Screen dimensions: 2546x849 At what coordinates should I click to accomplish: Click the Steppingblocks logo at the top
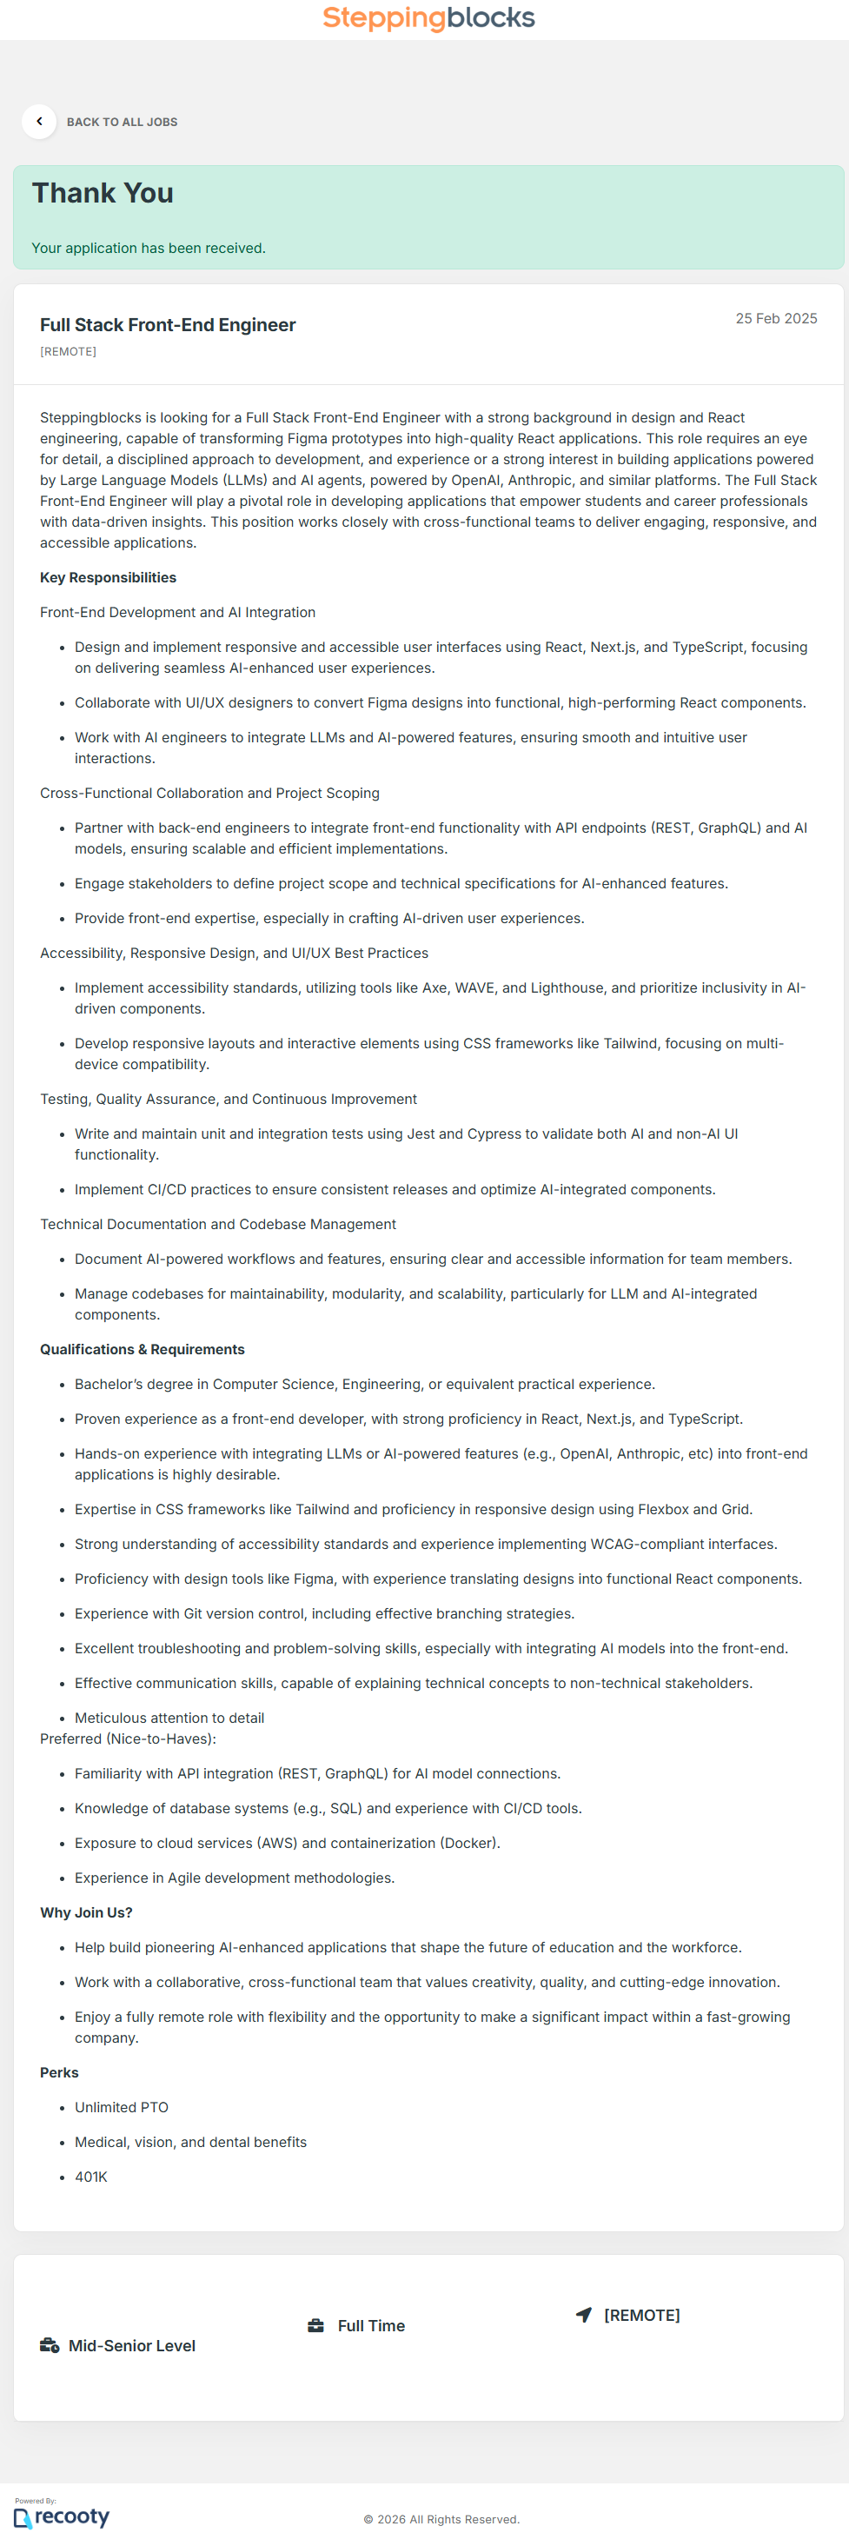click(x=428, y=17)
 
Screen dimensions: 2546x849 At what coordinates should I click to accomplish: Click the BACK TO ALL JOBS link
click(x=122, y=123)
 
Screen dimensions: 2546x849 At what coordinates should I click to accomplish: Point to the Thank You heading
click(x=103, y=194)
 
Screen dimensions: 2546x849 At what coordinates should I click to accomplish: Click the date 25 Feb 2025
click(x=775, y=319)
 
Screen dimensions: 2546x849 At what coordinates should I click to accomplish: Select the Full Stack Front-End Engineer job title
click(x=168, y=325)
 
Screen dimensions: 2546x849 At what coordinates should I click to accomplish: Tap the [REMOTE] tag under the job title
click(x=68, y=352)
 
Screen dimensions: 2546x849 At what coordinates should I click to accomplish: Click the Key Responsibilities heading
click(x=108, y=578)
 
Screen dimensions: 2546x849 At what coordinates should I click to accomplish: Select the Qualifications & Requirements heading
click(x=143, y=1350)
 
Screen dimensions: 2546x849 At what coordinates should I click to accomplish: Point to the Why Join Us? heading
click(x=86, y=1913)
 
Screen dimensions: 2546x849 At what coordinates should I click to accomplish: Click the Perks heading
click(x=59, y=2073)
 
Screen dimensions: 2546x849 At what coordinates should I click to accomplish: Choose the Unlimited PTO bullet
click(x=122, y=2108)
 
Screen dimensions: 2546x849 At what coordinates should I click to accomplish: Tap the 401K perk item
click(x=91, y=2177)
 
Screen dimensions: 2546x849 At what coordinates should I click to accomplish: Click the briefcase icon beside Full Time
click(x=316, y=2325)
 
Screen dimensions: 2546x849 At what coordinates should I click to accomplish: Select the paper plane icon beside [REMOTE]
click(x=584, y=2315)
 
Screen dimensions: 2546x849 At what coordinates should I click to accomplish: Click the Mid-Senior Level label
click(x=131, y=2346)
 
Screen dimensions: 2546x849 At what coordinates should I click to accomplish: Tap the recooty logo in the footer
click(x=63, y=2516)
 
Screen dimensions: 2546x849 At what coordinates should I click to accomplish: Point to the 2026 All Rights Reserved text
click(x=441, y=2519)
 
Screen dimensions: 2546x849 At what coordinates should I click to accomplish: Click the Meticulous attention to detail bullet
click(x=169, y=1718)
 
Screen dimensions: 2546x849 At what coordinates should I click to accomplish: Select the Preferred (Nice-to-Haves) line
click(x=128, y=1739)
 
